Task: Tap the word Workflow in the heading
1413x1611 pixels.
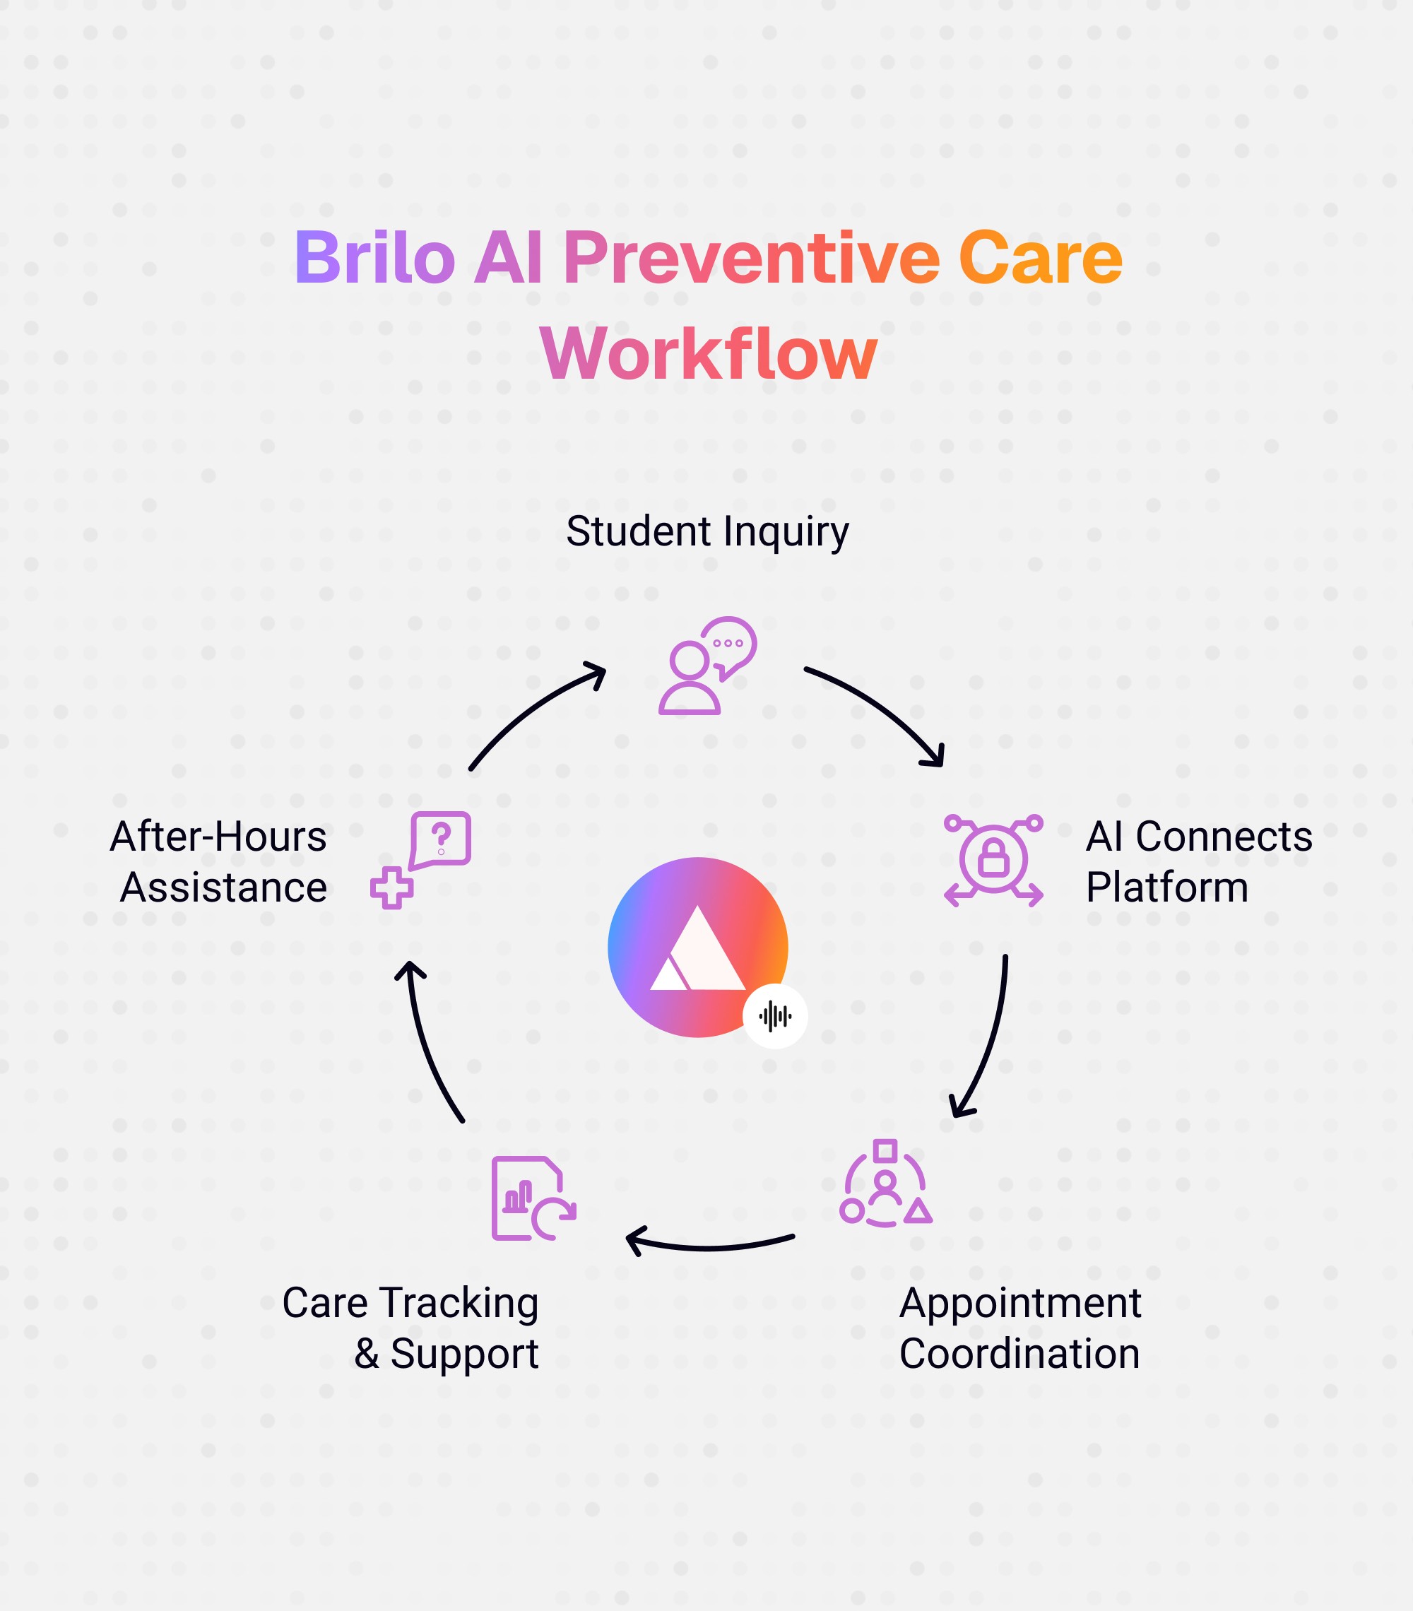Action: tap(708, 354)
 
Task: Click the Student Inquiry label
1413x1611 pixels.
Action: tap(707, 531)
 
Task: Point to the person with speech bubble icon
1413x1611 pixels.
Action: tap(707, 666)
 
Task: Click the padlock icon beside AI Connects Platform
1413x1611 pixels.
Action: tap(993, 858)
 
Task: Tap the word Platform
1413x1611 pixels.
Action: tap(1166, 887)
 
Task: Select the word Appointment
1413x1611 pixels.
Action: tap(1019, 1303)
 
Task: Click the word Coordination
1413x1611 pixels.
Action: tap(1019, 1354)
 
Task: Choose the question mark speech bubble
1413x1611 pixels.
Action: tap(441, 839)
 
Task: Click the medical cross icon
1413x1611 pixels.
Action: tap(391, 888)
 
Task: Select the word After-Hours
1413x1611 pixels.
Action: tap(218, 837)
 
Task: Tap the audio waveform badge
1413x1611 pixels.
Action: tap(774, 1016)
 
